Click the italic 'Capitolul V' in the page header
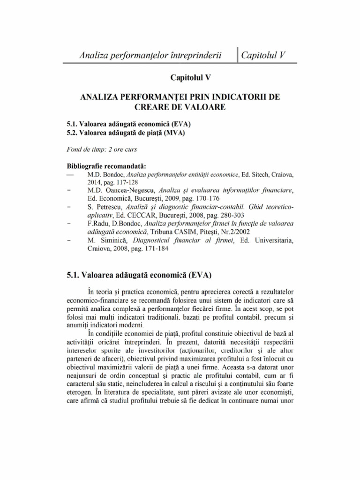point(263,56)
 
